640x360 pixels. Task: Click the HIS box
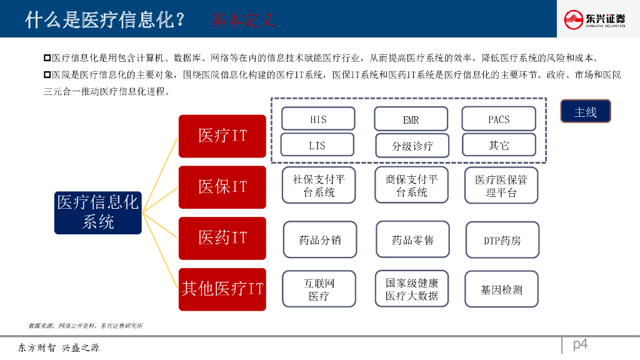pos(318,119)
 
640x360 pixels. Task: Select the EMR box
pos(411,119)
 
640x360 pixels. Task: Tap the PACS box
pos(499,119)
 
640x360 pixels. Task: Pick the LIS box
pos(317,145)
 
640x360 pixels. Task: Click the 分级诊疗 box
pos(412,146)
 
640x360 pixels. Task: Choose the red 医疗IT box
pos(222,136)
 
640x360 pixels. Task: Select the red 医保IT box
pos(222,187)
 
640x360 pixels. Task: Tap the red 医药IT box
pos(222,238)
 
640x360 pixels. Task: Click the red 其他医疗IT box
pos(222,289)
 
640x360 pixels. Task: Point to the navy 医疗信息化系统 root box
pos(98,212)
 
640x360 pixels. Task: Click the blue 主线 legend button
pos(585,112)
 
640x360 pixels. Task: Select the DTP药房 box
pos(502,240)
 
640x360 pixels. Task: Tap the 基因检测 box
pos(501,289)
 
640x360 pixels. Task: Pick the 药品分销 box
pos(320,239)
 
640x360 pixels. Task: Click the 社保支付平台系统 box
pos(319,186)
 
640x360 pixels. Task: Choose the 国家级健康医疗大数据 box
pos(412,289)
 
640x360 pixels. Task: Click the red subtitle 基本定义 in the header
pos(242,19)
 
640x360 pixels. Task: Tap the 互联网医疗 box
pos(319,289)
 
